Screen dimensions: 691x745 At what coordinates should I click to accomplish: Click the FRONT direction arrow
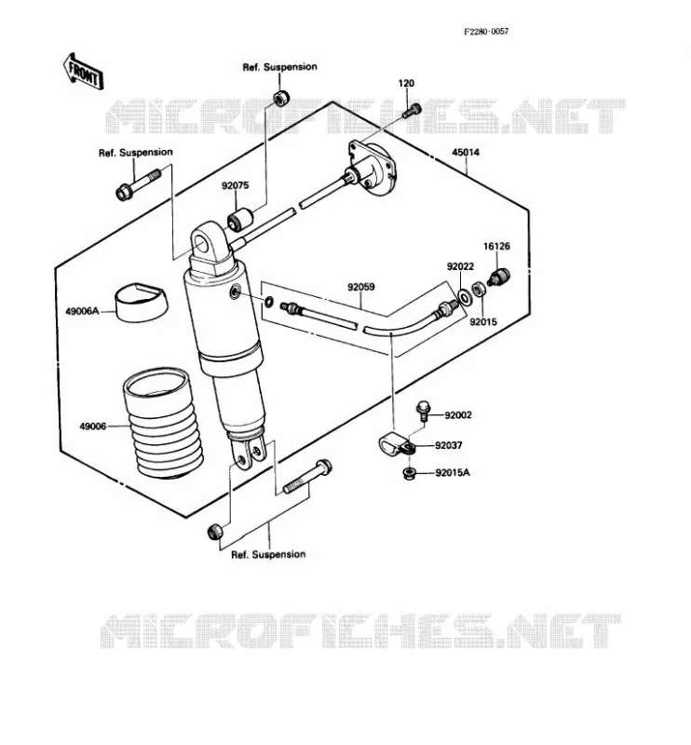83,72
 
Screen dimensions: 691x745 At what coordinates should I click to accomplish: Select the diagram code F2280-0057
486,32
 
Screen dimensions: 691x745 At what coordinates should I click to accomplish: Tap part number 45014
466,153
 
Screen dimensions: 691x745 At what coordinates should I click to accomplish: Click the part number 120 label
406,83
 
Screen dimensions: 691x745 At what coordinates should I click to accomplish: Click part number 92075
235,185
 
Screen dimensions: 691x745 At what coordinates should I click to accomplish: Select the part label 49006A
82,312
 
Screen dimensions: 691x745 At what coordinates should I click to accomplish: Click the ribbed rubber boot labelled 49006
164,422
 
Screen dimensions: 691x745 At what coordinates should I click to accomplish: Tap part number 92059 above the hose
360,287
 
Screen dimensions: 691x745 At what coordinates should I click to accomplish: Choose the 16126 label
496,246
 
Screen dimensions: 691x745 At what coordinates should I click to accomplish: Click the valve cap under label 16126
499,277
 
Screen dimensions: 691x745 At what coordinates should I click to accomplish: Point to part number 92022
460,266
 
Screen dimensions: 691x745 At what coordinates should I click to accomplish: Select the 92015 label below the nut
483,321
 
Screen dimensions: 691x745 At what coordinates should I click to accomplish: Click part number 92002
458,415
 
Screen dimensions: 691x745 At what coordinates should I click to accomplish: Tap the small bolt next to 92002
423,411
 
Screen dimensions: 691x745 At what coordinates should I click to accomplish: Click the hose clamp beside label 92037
396,446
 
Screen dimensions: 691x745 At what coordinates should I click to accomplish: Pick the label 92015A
453,473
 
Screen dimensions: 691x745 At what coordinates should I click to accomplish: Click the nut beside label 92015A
408,473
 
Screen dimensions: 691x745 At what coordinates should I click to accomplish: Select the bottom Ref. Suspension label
268,554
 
